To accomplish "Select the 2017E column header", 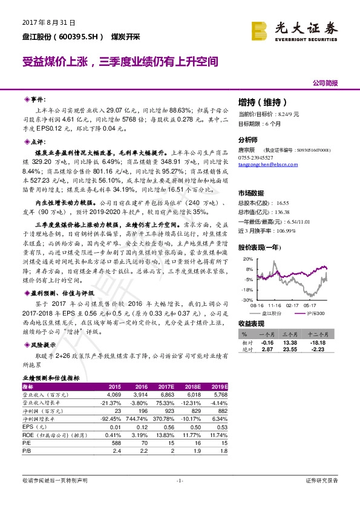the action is point(166,386).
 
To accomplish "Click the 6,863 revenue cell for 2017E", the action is point(167,394).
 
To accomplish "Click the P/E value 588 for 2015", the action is point(114,442).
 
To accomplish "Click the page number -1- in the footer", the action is point(180,481).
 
